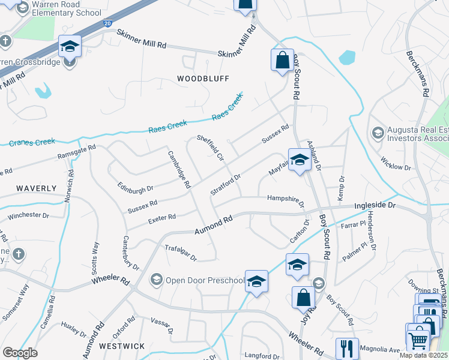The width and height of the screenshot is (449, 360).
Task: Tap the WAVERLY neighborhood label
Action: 37,188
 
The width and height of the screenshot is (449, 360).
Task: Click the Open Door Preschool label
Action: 205,280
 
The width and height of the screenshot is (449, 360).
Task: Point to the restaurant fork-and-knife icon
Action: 347,349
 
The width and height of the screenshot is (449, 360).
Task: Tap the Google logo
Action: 20,353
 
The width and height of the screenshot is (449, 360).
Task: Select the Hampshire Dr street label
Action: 286,199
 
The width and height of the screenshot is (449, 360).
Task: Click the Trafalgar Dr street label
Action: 181,252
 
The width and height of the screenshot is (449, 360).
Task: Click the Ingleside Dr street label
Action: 376,205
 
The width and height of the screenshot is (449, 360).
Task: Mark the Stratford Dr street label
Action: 226,184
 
